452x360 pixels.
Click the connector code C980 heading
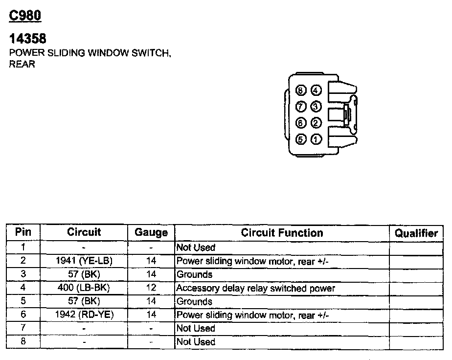pyautogui.click(x=25, y=15)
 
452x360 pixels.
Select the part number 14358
pyautogui.click(x=28, y=39)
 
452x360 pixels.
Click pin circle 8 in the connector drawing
pyautogui.click(x=301, y=90)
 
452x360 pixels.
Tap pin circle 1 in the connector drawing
pyautogui.click(x=316, y=139)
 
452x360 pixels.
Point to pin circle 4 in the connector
pyautogui.click(x=316, y=90)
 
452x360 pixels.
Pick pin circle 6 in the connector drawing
pyautogui.click(x=301, y=123)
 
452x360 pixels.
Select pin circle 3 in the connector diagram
pyautogui.click(x=316, y=106)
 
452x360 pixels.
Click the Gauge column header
pyautogui.click(x=151, y=233)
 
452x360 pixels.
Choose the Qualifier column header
pyautogui.click(x=416, y=233)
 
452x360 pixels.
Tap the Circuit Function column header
pyautogui.click(x=282, y=233)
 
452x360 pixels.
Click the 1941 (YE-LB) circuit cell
pyautogui.click(x=84, y=261)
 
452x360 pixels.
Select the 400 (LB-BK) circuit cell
pyautogui.click(x=84, y=288)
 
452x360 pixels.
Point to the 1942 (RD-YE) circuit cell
pyautogui.click(x=84, y=315)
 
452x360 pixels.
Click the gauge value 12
pyautogui.click(x=151, y=288)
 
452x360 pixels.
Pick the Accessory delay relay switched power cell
pyautogui.click(x=256, y=288)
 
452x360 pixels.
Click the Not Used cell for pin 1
pyautogui.click(x=196, y=248)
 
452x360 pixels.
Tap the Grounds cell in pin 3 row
pyautogui.click(x=195, y=274)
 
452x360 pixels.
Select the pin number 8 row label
pyautogui.click(x=23, y=341)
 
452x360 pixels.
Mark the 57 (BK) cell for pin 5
pyautogui.click(x=84, y=301)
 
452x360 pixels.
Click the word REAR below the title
pyautogui.click(x=22, y=64)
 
